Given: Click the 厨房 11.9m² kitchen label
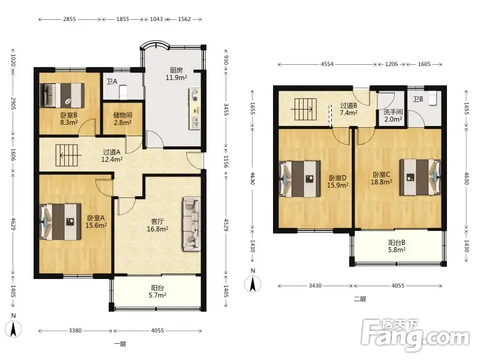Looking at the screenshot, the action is (176, 74).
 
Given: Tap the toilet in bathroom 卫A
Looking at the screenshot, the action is (123, 92).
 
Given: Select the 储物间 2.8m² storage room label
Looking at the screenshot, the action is (122, 119).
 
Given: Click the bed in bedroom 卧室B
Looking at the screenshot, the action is (62, 95).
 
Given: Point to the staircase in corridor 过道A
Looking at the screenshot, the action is (68, 155).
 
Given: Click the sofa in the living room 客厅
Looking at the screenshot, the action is (191, 224).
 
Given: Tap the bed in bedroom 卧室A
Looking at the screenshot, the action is (61, 221).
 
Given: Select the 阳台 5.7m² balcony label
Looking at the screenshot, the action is (157, 292).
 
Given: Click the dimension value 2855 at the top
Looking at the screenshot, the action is (70, 19).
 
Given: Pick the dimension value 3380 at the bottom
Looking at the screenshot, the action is (76, 331).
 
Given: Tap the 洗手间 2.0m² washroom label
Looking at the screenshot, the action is (393, 115).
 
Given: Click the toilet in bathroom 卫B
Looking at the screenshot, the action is (433, 98).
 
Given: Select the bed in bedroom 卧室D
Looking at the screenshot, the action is (301, 179).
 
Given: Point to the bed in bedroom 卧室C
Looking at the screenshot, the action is (421, 177).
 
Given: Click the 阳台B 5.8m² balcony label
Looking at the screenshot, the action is (397, 246).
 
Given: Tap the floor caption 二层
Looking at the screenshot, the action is (360, 299).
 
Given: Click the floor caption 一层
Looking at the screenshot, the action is (120, 344).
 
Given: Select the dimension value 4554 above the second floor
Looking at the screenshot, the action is (327, 64).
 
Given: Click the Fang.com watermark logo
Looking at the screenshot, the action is (415, 335).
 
